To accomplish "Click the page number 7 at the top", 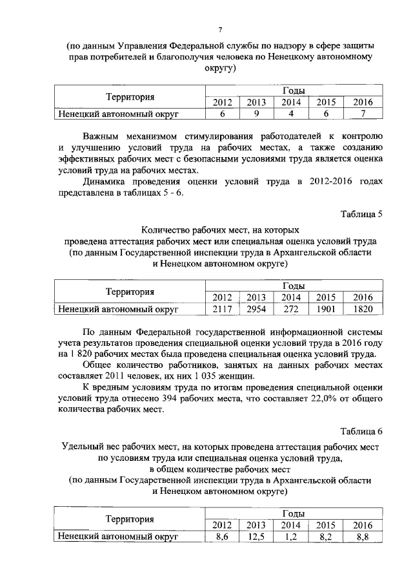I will point(219,30).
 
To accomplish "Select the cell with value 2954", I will point(256,309).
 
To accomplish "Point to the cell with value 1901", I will point(326,309).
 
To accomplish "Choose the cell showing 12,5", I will point(256,537).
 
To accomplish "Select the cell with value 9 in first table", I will point(256,114).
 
